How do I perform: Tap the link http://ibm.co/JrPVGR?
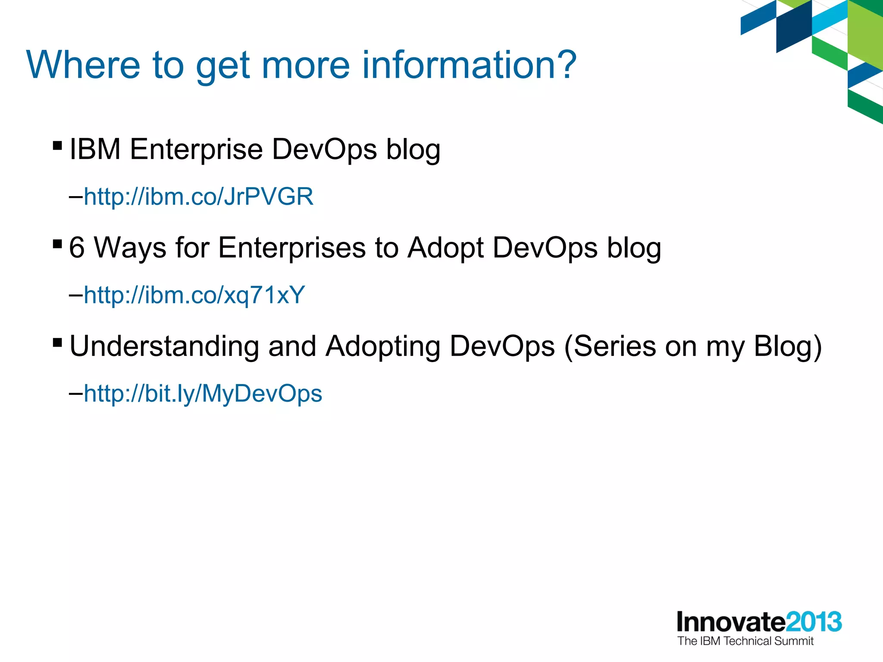pyautogui.click(x=198, y=197)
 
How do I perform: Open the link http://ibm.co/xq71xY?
pyautogui.click(x=194, y=295)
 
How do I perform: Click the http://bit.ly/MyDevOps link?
pyautogui.click(x=203, y=393)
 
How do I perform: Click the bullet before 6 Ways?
pyautogui.click(x=57, y=244)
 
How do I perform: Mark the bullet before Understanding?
pyautogui.click(x=57, y=343)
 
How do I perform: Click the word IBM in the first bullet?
pyautogui.click(x=95, y=149)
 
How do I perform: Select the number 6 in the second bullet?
pyautogui.click(x=77, y=248)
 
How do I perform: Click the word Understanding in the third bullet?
pyautogui.click(x=163, y=346)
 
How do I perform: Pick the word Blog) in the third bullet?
pyautogui.click(x=788, y=346)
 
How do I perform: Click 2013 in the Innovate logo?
pyautogui.click(x=814, y=622)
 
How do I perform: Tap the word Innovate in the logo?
pyautogui.click(x=731, y=622)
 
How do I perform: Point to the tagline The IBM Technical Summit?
pyautogui.click(x=745, y=641)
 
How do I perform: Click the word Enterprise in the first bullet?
pyautogui.click(x=196, y=149)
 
